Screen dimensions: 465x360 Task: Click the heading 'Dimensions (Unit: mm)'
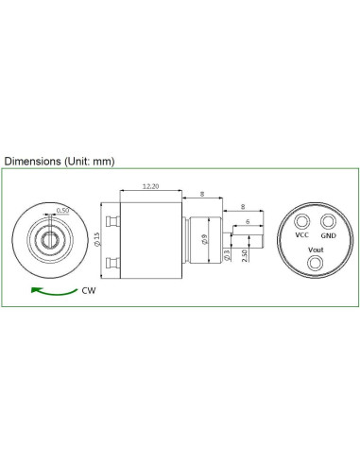coord(59,161)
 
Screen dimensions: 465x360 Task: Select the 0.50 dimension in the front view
coord(62,210)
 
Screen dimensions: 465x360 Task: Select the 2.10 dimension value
coord(245,254)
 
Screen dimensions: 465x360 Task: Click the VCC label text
coord(302,234)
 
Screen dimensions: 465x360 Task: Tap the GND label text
coord(328,234)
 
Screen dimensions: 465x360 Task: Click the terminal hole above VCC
coord(302,221)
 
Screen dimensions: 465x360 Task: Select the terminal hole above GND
coord(328,221)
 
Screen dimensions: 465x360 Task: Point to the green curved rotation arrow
coord(52,290)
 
